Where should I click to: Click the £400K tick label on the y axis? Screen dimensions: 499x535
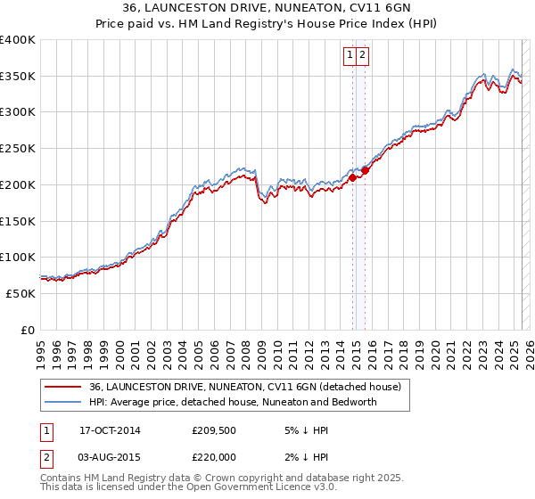point(18,40)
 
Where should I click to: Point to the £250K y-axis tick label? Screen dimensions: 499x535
point(18,149)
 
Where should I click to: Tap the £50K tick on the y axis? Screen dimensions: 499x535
point(21,293)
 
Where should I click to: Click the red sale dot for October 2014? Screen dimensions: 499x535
point(352,177)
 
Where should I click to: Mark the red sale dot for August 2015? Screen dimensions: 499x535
point(365,170)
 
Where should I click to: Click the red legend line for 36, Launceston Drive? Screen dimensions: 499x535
point(62,387)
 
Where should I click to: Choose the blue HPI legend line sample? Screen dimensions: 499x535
point(62,402)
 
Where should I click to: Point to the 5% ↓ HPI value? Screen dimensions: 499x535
point(306,429)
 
